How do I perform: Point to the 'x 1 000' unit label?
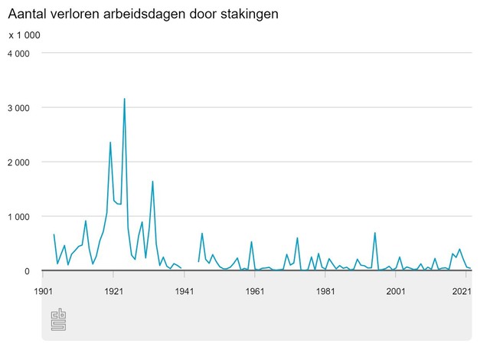click(24, 35)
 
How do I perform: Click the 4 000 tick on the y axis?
click(18, 54)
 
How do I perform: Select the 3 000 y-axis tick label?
click(18, 108)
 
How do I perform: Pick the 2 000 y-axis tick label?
click(18, 162)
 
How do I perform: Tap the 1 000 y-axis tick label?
click(18, 217)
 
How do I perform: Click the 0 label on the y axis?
click(27, 271)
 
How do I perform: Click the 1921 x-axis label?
click(113, 292)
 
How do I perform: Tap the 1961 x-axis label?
click(255, 292)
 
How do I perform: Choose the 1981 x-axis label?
click(325, 292)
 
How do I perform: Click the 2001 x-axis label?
click(396, 292)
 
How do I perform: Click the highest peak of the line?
click(124, 99)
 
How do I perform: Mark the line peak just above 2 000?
click(110, 142)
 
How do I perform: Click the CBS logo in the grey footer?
click(58, 320)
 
